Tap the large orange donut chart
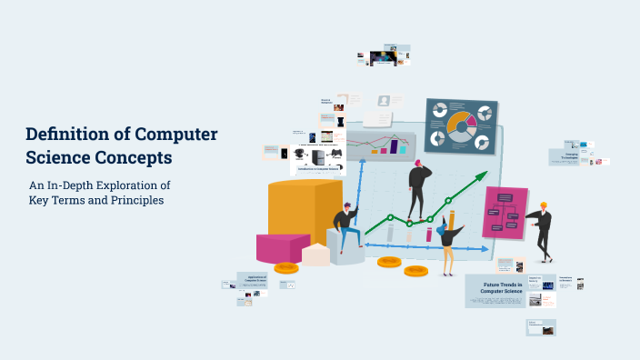[460, 125]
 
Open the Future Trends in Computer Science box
[496, 290]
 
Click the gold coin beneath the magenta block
[286, 267]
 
